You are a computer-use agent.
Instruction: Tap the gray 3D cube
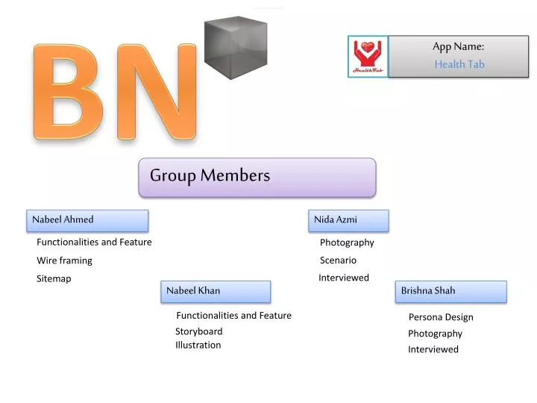coord(234,46)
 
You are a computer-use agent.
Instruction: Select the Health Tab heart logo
coord(368,57)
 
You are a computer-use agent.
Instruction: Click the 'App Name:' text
coord(459,46)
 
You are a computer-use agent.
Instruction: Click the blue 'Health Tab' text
coord(459,64)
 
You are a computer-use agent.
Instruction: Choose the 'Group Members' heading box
coord(257,177)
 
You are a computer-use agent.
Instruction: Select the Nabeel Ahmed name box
coord(88,220)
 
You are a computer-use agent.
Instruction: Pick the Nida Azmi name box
coord(348,220)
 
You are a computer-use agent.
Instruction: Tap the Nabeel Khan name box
coord(216,291)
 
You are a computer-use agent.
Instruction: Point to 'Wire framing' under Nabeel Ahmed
coord(65,260)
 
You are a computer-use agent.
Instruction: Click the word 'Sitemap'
coord(54,278)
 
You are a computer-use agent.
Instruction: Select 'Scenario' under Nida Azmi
coord(338,260)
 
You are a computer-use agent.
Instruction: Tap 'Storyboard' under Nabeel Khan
coord(198,331)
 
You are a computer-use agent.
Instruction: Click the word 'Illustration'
coord(198,345)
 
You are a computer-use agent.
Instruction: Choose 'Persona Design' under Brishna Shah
coord(440,317)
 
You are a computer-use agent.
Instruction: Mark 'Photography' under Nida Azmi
coord(347,243)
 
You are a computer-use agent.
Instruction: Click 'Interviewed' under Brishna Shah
coord(433,349)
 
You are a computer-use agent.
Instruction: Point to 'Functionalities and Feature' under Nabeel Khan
coord(233,316)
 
